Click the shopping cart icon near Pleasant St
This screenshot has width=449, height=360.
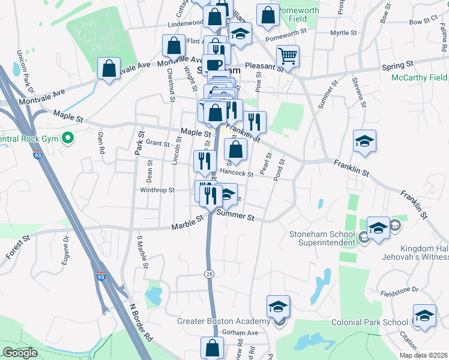point(289,56)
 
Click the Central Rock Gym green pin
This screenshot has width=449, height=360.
point(68,139)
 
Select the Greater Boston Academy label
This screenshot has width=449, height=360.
point(225,321)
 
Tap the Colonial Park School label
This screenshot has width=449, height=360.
point(370,322)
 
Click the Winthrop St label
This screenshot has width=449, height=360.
point(157,190)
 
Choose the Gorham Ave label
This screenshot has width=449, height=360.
point(238,332)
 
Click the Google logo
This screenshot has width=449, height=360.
point(20,353)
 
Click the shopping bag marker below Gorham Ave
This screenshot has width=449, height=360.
point(212,347)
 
